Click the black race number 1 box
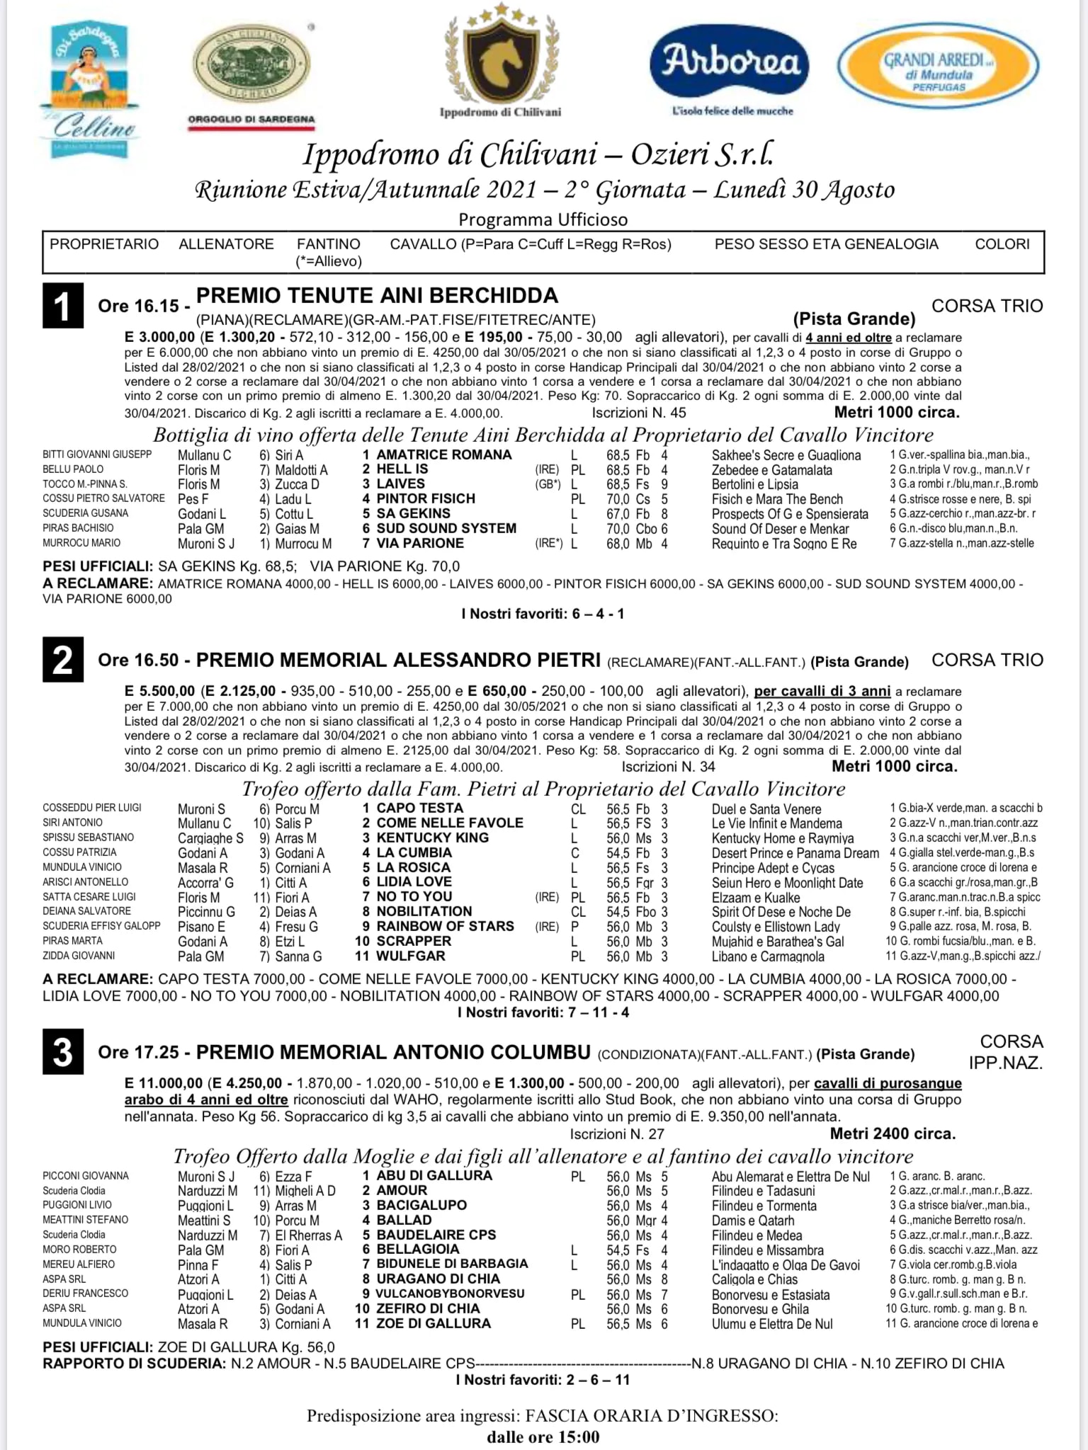pos(63,306)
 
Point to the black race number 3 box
pos(63,1052)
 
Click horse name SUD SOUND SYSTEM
pos(446,528)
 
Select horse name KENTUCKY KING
pos(432,838)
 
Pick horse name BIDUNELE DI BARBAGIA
pos(452,1264)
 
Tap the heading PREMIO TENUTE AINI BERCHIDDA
pos(377,295)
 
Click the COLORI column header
pos(1002,244)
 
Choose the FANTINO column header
pos(329,244)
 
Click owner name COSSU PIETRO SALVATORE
pos(103,498)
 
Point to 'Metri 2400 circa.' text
pos(892,1134)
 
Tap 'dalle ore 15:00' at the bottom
pos(543,1437)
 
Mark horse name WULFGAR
pos(411,956)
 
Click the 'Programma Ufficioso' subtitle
pos(543,219)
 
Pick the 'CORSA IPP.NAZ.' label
pos(1011,1052)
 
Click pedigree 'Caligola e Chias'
pos(754,1279)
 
